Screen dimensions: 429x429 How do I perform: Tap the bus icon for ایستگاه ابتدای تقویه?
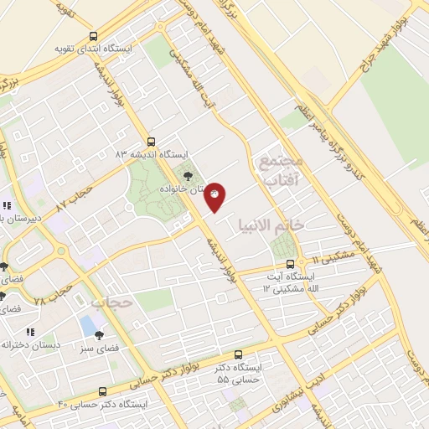[93, 37]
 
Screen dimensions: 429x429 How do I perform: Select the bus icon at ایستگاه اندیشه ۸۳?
[151, 142]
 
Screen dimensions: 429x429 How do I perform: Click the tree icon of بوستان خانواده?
[188, 176]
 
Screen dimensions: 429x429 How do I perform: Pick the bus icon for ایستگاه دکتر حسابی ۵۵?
[239, 355]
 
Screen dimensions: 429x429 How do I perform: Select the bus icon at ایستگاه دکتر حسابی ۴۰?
[102, 391]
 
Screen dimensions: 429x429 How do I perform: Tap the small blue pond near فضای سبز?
[88, 323]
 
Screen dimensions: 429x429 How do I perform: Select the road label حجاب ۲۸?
[49, 289]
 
